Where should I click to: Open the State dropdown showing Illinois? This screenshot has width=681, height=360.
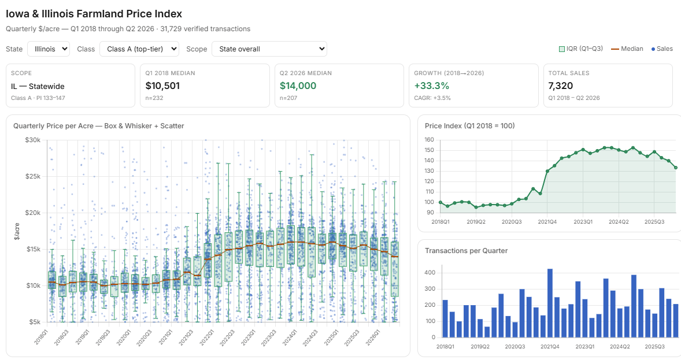48,49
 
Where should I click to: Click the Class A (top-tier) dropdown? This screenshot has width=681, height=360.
139,49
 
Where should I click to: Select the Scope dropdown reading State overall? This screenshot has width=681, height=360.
269,49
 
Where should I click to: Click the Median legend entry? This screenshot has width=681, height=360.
627,49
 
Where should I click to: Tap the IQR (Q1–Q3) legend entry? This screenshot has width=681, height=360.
580,49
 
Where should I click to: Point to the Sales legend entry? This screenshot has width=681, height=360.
662,49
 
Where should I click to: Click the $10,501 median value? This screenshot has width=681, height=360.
162,86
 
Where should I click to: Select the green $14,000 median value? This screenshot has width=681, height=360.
298,86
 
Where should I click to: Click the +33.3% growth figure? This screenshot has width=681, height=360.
432,86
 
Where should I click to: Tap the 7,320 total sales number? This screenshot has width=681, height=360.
561,86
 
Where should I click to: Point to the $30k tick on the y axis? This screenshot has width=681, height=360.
33,140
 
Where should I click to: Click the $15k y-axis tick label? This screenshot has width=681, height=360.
33,249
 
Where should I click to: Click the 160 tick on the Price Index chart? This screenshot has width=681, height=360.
429,140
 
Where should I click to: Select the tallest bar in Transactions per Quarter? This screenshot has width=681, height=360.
550,303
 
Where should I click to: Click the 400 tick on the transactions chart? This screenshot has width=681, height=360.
430,273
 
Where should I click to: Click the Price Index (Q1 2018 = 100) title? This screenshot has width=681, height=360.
469,126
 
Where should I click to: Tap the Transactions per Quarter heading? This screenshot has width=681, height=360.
466,251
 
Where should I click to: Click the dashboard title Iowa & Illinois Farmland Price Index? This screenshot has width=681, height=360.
94,14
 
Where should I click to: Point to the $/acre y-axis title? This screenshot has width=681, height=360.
17,231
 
